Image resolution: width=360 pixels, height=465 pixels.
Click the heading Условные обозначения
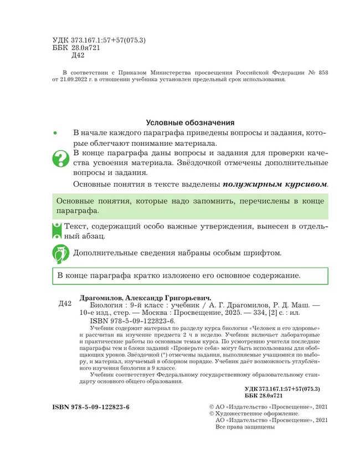pos(190,122)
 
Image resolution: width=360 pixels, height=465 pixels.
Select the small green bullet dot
pos(55,134)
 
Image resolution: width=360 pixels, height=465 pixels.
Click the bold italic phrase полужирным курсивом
pos(275,184)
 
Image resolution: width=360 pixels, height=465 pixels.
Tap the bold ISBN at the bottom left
pos(91,407)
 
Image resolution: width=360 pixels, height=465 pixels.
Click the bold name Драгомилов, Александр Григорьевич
pos(146,297)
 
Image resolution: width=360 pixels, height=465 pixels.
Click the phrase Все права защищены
pos(245,427)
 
